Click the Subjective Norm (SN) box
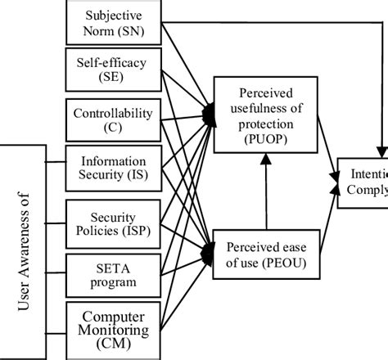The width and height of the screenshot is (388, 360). coord(112,22)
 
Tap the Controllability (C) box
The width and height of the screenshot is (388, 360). coord(112,120)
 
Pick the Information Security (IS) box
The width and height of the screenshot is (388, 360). coord(112,169)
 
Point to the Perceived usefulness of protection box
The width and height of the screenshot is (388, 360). coord(264,115)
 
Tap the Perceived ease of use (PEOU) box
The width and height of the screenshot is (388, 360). coord(264,250)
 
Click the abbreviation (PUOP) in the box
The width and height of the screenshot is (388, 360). coord(264,140)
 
